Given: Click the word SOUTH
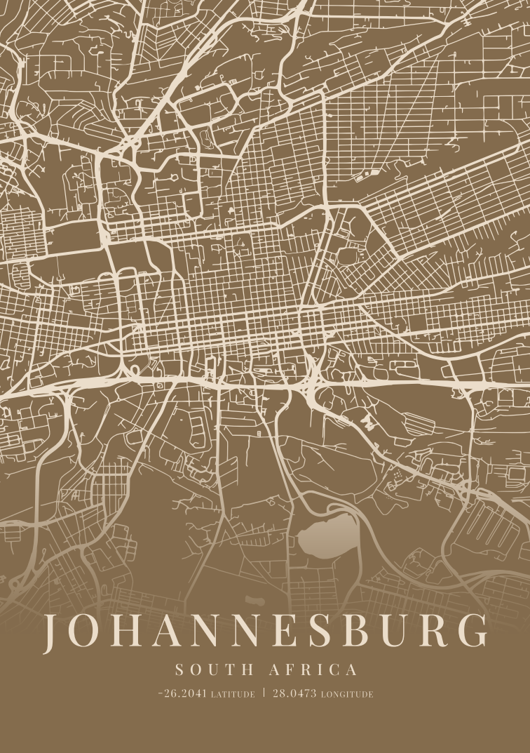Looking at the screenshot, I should pos(209,669).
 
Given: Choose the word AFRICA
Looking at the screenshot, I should pos(311,669).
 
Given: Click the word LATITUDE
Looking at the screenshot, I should pos(233,695).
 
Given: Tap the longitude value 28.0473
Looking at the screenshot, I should pos(295,694).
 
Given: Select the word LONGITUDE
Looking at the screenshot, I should pos(347,695).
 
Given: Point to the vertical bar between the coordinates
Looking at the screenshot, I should pos(265,693).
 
